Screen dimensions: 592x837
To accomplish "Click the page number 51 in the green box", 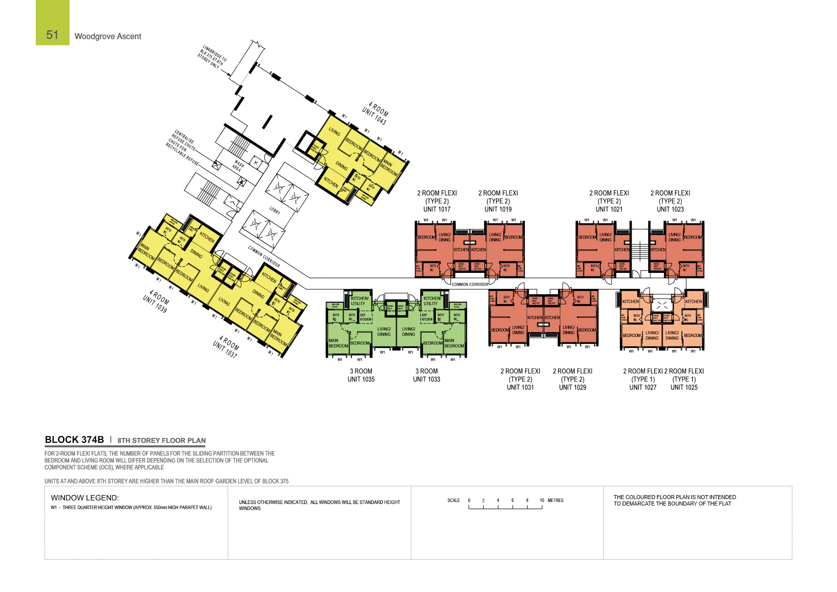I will coord(52,35).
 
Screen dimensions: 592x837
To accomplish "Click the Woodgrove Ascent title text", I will coord(108,36).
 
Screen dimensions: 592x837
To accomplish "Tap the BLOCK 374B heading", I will coord(74,439).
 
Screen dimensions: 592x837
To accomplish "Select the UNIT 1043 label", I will coord(374,117).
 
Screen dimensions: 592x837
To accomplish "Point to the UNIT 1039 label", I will coord(155,304).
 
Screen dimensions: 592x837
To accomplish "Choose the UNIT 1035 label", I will coord(361,379).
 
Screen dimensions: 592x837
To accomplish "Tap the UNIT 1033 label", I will coord(426,379).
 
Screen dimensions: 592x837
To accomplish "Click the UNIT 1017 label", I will coord(437,209).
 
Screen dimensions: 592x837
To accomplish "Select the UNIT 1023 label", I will coord(670,209).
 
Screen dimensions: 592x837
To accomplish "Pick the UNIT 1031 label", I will coord(520,387).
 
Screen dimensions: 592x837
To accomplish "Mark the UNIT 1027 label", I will coord(643,387).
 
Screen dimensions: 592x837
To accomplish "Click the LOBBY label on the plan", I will coord(275,210).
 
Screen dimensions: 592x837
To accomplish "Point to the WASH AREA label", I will coord(238,166).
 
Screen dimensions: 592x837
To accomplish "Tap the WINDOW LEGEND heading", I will coord(84,498).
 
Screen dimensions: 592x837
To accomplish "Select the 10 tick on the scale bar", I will coord(542,501).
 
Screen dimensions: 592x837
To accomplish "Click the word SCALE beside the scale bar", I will coord(453,501).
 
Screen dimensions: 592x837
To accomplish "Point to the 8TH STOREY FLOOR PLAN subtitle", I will coord(162,440).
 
